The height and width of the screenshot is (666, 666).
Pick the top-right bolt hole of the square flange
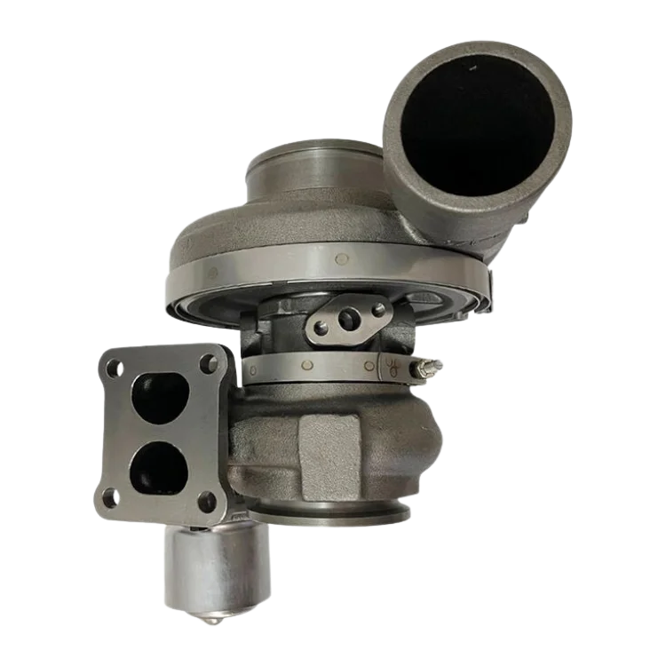tap(209, 363)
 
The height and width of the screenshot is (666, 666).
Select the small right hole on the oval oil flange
tap(379, 309)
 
